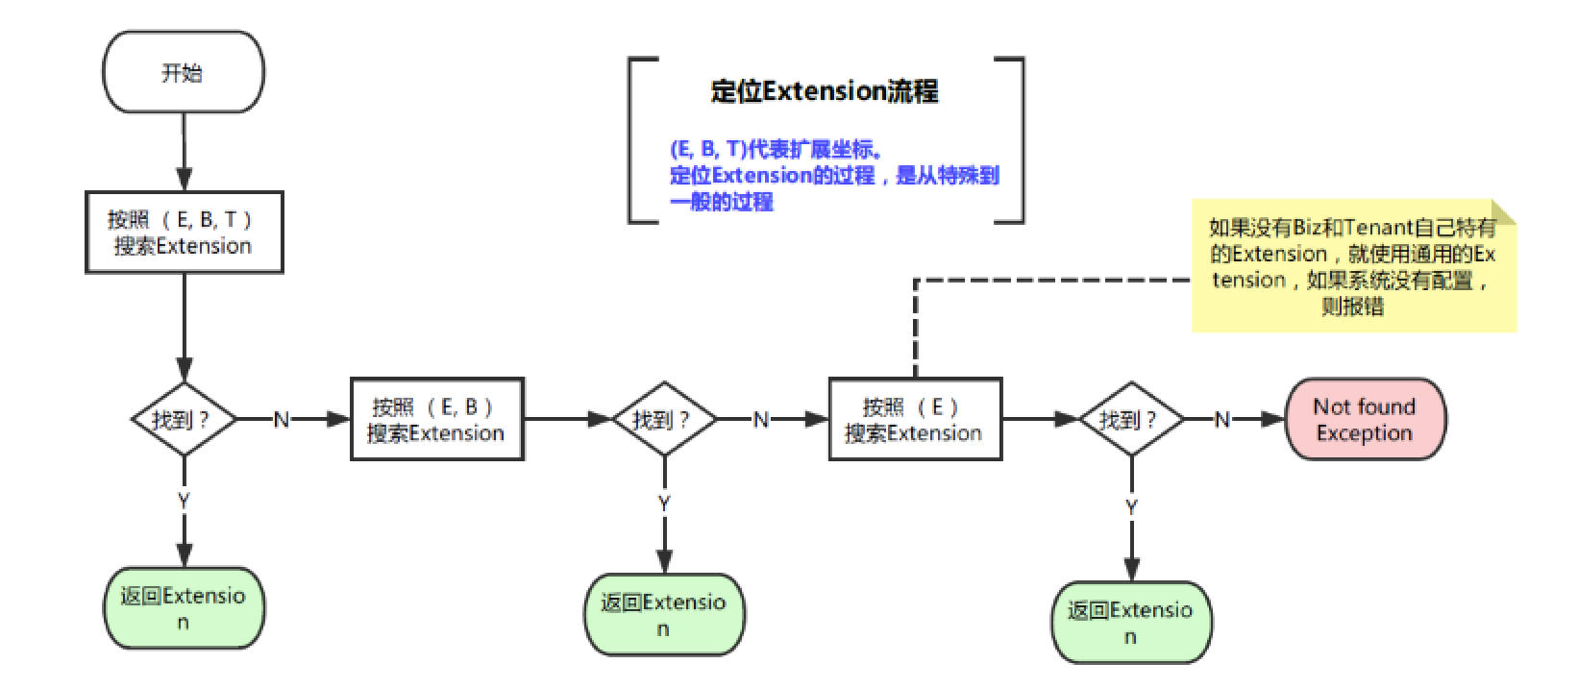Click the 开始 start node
point(183,73)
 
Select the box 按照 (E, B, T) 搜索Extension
point(184,233)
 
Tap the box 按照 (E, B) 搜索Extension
point(436,419)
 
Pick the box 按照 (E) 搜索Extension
point(914,419)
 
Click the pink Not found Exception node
point(1365,419)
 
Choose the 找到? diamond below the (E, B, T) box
point(183,419)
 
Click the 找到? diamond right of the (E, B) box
point(663,419)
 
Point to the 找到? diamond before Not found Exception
point(1130,419)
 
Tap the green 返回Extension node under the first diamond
point(184,608)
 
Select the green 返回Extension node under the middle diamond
point(664,615)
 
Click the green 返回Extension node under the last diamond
point(1130,622)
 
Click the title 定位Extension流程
point(824,92)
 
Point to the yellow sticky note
point(1353,267)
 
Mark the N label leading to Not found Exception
point(1221,420)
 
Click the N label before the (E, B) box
point(282,420)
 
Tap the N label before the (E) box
point(760,420)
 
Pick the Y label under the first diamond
point(184,501)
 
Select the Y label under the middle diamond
point(664,504)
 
